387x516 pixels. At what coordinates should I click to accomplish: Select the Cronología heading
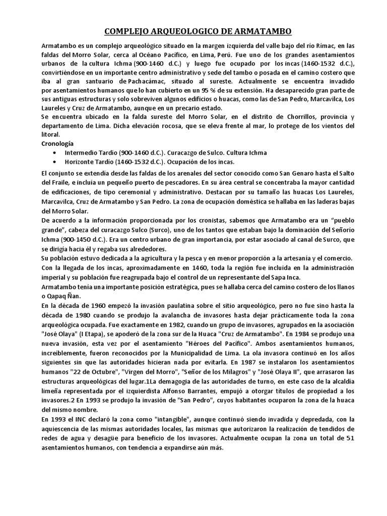pyautogui.click(x=57, y=143)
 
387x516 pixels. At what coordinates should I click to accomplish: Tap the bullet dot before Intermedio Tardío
pyautogui.click(x=55, y=153)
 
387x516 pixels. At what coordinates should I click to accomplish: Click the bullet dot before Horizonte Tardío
pyautogui.click(x=55, y=162)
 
